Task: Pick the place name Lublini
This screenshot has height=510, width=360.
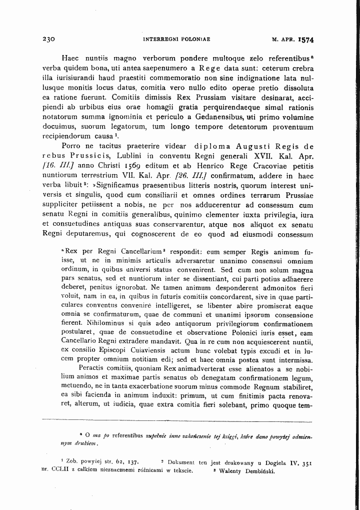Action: click(x=104, y=156)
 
